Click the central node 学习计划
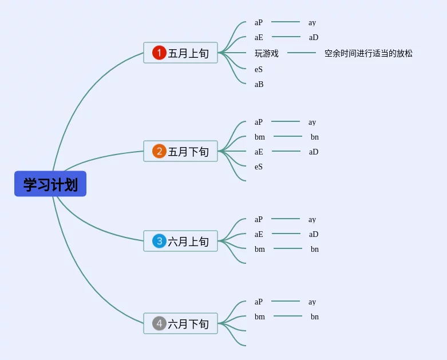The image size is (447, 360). click(50, 184)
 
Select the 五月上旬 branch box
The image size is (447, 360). click(180, 53)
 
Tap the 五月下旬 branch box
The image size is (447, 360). click(180, 152)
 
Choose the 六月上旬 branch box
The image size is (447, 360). click(180, 242)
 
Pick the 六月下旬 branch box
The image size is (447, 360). click(180, 324)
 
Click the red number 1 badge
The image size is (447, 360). click(159, 53)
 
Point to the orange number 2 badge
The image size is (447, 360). click(159, 152)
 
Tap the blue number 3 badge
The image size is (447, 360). click(159, 242)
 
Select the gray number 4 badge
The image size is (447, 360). click(159, 324)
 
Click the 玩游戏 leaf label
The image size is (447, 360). click(267, 54)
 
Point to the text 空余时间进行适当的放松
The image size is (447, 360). click(369, 54)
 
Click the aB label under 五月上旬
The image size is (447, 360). click(259, 85)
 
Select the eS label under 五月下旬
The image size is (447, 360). click(259, 167)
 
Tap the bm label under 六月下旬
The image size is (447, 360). click(260, 317)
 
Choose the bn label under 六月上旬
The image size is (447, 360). click(315, 250)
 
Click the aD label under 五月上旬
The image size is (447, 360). click(314, 38)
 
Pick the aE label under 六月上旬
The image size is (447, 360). click(259, 235)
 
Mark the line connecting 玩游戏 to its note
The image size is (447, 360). click(302, 53)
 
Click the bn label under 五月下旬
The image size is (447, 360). click(315, 137)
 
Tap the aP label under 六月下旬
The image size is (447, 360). click(259, 302)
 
